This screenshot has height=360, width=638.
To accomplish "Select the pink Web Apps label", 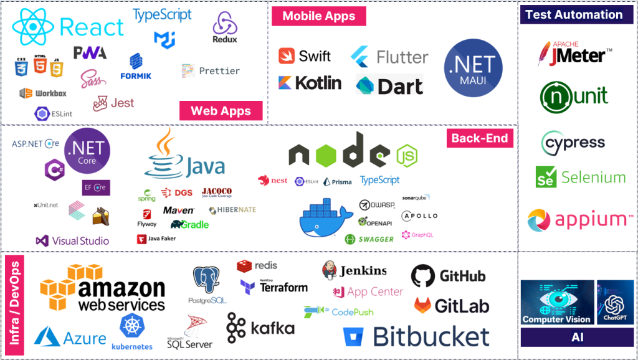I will click(221, 111).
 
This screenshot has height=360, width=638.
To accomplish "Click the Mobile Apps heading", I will click(318, 16).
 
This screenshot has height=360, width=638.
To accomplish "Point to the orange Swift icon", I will click(287, 55).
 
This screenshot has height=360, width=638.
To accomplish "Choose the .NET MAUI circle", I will click(473, 68).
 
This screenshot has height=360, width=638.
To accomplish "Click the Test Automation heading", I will click(573, 14).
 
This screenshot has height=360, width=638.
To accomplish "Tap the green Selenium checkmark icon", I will click(546, 177).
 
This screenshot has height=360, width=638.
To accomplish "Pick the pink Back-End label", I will click(479, 138).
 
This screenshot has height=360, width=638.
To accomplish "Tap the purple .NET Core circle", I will click(87, 149).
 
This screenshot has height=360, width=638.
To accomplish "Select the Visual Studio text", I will click(81, 240).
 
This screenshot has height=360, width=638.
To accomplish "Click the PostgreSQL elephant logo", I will click(207, 281).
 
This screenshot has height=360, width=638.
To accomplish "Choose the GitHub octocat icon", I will click(423, 275).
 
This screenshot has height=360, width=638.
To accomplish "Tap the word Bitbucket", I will click(431, 336).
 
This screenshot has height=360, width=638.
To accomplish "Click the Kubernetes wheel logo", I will click(131, 325).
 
